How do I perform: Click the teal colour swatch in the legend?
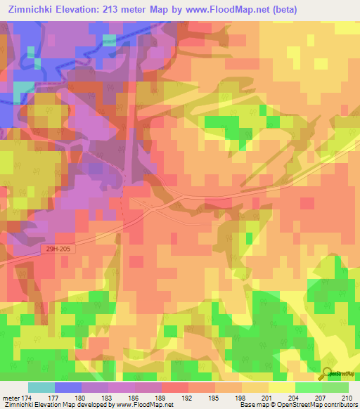click(x=41, y=387)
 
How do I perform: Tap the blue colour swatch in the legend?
click(x=68, y=387)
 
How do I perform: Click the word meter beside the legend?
click(x=10, y=398)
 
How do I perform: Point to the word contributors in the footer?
click(x=337, y=405)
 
